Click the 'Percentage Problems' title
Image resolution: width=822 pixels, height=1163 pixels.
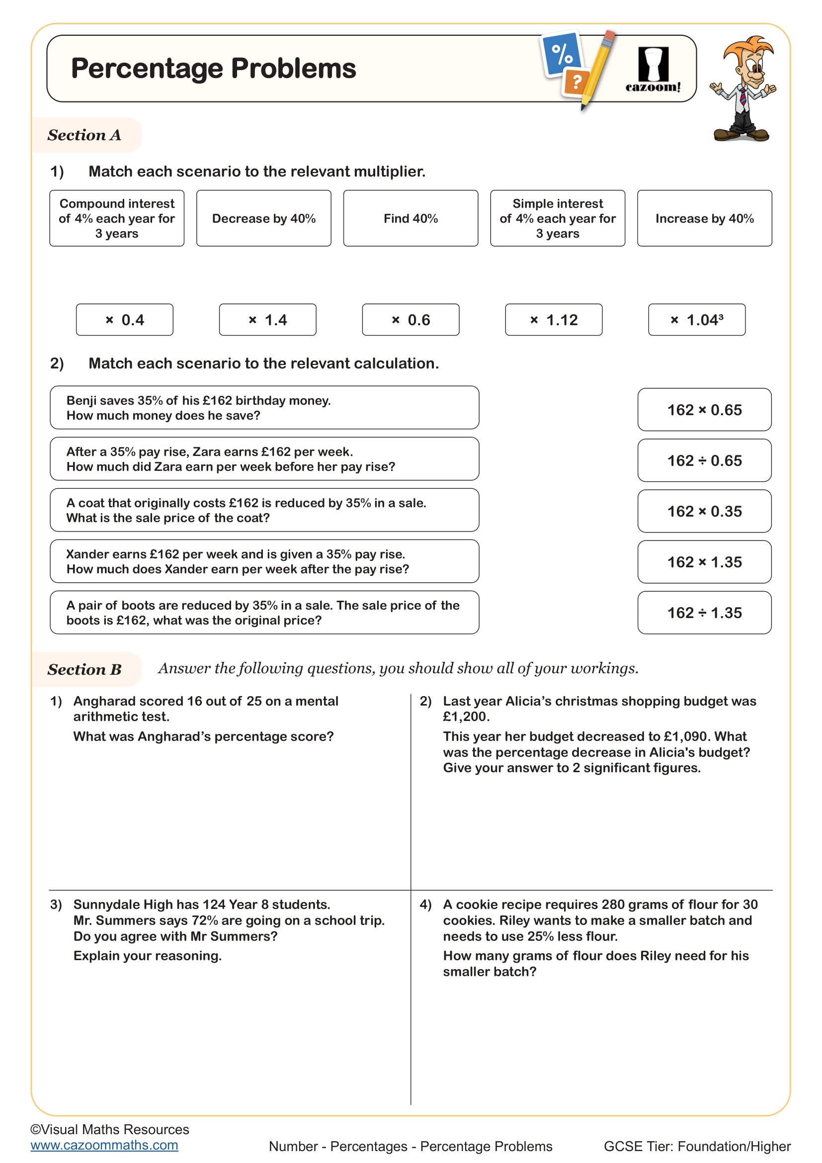click(213, 69)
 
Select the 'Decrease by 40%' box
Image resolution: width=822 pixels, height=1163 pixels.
click(264, 218)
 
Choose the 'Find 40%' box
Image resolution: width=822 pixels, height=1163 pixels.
click(411, 218)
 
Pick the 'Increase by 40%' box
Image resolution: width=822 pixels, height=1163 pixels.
click(704, 218)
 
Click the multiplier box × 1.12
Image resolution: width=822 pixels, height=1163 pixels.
click(553, 320)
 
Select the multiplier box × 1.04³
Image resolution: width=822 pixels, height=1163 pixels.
click(696, 320)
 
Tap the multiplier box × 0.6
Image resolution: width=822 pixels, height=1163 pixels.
click(411, 320)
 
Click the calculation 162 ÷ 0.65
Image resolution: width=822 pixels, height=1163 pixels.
click(704, 460)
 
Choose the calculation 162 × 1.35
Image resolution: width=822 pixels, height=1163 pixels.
click(704, 562)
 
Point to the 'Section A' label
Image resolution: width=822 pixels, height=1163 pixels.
click(84, 135)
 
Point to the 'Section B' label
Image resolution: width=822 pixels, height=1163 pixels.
click(84, 670)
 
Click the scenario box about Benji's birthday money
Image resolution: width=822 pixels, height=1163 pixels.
click(264, 408)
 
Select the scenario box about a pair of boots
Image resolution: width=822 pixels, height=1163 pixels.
click(264, 613)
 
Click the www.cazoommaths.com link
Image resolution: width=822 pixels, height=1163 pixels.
click(104, 1145)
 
